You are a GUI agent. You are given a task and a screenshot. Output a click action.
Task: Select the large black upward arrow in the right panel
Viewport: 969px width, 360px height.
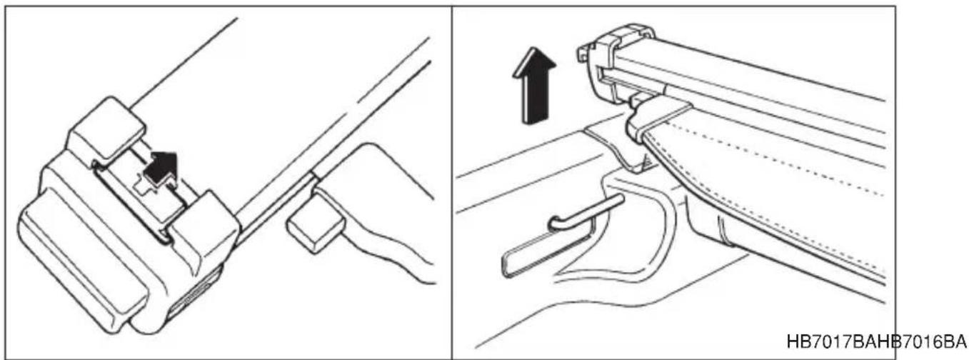534,85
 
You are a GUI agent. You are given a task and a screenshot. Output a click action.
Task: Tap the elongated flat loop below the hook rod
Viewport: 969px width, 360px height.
546,253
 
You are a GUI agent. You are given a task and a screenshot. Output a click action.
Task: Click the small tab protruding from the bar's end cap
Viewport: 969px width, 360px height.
582,53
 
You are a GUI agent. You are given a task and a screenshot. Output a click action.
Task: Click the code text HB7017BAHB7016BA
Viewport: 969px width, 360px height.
876,341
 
